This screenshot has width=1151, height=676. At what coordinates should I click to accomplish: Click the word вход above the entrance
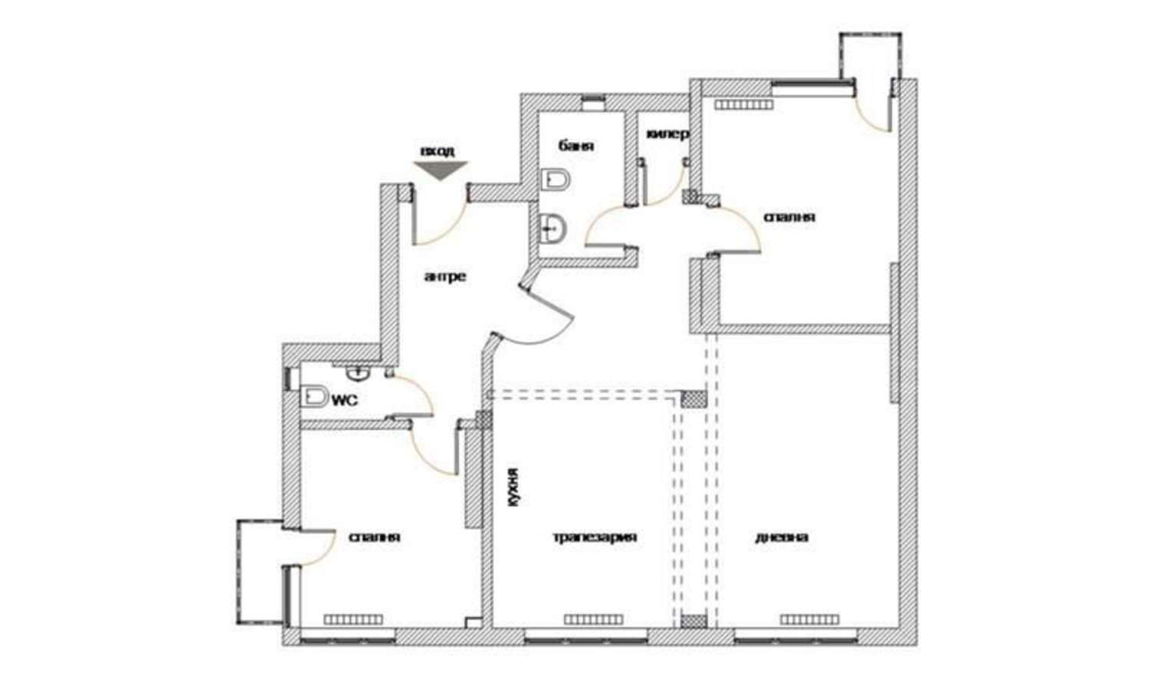point(437,151)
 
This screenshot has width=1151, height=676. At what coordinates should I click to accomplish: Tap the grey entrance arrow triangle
point(440,170)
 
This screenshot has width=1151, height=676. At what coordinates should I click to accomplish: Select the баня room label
point(576,146)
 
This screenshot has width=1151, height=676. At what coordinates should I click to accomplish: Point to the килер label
point(667,134)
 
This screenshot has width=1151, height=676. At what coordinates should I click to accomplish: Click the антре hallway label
point(445,276)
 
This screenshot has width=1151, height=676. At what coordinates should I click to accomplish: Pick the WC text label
point(345,401)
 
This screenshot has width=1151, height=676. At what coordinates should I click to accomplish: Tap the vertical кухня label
point(514,487)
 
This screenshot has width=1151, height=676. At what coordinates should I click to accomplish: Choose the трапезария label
point(595,537)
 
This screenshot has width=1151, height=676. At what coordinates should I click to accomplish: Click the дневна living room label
point(781,537)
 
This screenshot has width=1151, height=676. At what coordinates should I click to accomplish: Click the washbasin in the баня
point(552,229)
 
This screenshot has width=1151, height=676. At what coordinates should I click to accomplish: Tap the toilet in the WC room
point(314,397)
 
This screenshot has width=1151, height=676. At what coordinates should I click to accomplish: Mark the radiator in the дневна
point(810,619)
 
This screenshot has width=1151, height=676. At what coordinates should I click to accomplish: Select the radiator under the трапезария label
point(594,619)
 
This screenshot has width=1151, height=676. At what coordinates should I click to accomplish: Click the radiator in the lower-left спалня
point(353,619)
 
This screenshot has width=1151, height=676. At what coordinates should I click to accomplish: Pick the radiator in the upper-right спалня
point(744,105)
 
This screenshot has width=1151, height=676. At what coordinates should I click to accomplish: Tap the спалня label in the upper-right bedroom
point(790,217)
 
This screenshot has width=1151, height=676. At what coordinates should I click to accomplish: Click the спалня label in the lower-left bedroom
point(374,537)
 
